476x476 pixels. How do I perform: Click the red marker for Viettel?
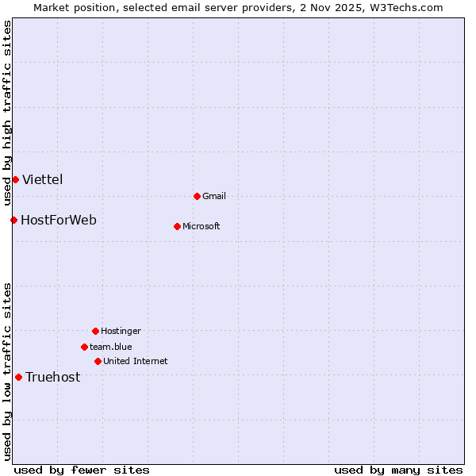pyautogui.click(x=15, y=179)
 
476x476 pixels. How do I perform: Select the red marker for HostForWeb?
pyautogui.click(x=13, y=220)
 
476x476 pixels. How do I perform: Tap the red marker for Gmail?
pyautogui.click(x=197, y=196)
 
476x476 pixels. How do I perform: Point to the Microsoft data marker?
pyautogui.click(x=177, y=226)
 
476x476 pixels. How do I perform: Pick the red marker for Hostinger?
pyautogui.click(x=95, y=331)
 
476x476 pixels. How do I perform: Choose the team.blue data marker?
pyautogui.click(x=84, y=347)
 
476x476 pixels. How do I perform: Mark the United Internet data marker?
pyautogui.click(x=98, y=361)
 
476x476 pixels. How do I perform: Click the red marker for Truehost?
pyautogui.click(x=18, y=377)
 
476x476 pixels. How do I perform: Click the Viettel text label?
pyautogui.click(x=43, y=179)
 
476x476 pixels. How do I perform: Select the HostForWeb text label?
pyautogui.click(x=59, y=220)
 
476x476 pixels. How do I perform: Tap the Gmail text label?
pyautogui.click(x=214, y=196)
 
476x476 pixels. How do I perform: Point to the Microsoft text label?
pyautogui.click(x=202, y=226)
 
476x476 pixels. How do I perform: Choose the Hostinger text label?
pyautogui.click(x=121, y=331)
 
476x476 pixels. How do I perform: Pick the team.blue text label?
pyautogui.click(x=111, y=347)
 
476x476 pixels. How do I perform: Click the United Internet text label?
pyautogui.click(x=136, y=361)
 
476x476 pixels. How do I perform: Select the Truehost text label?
pyautogui.click(x=53, y=377)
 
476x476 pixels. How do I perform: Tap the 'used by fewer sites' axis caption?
pyautogui.click(x=82, y=470)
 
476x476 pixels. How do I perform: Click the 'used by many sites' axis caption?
pyautogui.click(x=398, y=470)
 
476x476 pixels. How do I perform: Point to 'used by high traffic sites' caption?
pyautogui.click(x=7, y=111)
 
